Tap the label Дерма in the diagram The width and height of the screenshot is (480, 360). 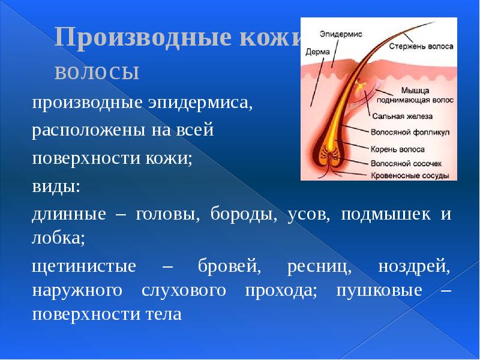(x=318, y=52)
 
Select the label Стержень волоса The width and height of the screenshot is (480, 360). (x=421, y=46)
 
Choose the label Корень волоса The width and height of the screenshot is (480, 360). (x=398, y=148)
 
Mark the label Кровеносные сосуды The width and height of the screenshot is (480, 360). (x=409, y=176)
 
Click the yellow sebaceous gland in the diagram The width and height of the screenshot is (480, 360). (x=359, y=88)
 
